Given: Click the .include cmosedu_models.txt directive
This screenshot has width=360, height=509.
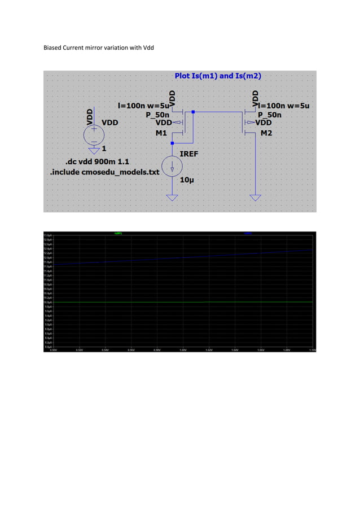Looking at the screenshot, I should (105, 172).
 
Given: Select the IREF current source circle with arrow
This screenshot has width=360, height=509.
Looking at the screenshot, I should (172, 166).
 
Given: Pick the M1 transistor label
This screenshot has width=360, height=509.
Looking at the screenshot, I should (161, 133).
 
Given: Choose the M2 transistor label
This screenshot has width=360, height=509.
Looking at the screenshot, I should (266, 133).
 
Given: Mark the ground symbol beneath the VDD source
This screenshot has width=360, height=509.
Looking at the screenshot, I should (94, 150).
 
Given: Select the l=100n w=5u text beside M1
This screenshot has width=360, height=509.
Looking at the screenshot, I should (142, 105).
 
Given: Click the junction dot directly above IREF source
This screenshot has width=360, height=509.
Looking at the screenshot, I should (172, 144).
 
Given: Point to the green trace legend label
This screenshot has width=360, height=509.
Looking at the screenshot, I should (118, 232).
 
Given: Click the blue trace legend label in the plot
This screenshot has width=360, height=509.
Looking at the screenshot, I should (248, 232).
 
